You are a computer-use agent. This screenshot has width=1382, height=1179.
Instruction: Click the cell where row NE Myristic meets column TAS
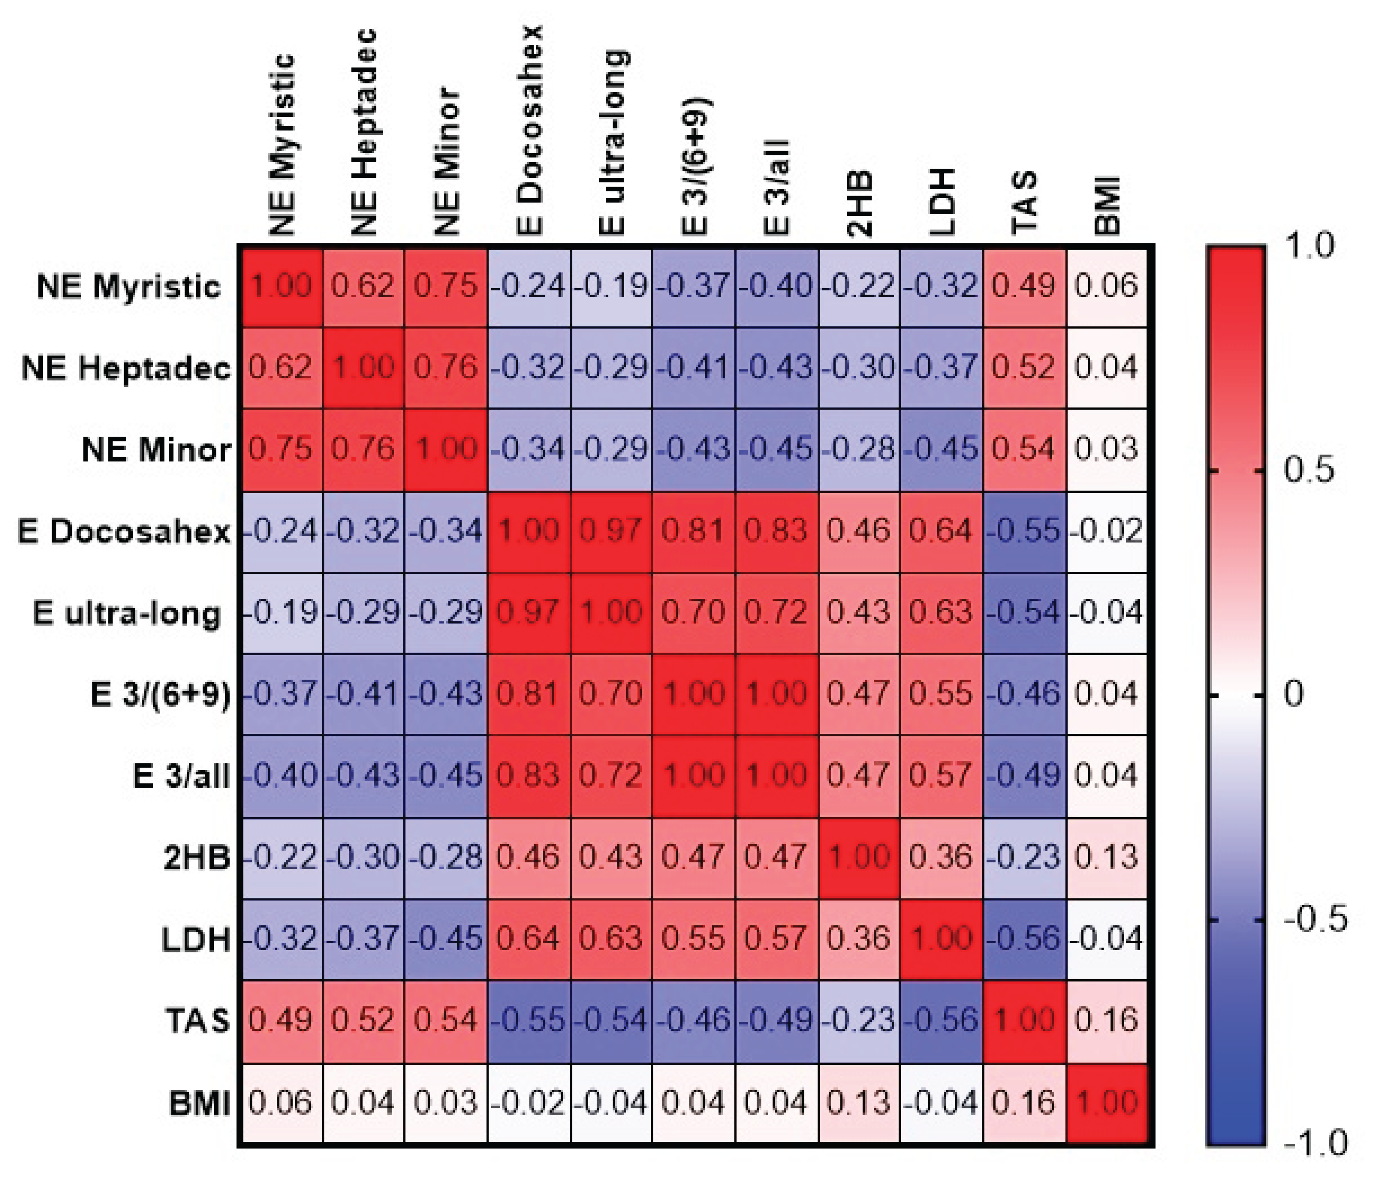(1024, 286)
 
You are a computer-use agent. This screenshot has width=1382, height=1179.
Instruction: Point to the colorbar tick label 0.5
(1309, 470)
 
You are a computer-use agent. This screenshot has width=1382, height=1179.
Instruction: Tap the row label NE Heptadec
(126, 368)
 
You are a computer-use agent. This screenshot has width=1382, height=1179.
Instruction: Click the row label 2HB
(197, 857)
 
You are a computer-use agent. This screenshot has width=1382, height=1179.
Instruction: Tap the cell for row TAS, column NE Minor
(445, 1020)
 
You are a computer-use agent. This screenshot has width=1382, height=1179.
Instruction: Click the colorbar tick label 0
(1294, 694)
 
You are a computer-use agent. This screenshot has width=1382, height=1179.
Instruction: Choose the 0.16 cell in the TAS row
(1106, 1020)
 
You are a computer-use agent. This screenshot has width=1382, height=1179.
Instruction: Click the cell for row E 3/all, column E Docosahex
(529, 776)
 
